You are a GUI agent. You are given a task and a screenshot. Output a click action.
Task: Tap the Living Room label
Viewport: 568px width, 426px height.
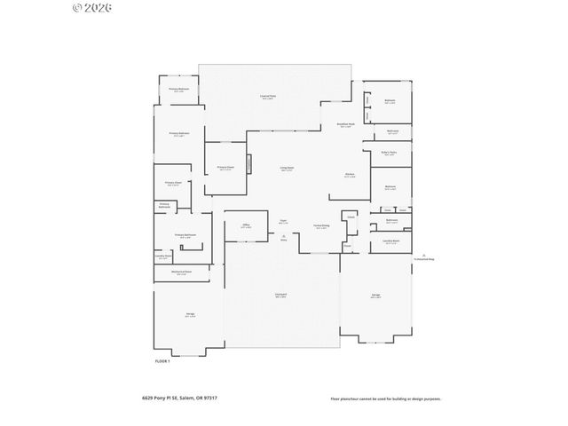click(288, 168)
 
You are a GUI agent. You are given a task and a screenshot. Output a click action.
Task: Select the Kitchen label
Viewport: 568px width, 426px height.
click(351, 175)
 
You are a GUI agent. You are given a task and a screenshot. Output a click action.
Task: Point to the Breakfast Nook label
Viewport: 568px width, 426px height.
click(345, 125)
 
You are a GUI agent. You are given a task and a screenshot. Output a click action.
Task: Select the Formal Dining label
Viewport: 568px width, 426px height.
click(321, 226)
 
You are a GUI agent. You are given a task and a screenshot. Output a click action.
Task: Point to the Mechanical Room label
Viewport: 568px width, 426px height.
click(181, 272)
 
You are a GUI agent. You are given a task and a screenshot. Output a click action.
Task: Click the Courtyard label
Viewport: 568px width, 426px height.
click(280, 296)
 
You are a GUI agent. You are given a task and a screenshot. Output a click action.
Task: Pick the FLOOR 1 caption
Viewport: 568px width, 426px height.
click(162, 361)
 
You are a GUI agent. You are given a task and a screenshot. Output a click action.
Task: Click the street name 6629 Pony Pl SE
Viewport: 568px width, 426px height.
click(158, 398)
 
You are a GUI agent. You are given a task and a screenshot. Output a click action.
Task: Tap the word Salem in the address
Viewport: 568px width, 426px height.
click(185, 398)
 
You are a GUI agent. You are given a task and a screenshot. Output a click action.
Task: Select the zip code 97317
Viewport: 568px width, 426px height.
click(209, 398)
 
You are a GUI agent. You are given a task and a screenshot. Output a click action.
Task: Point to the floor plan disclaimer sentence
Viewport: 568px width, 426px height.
click(386, 398)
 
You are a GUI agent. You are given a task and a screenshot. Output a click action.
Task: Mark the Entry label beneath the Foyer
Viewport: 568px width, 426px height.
click(283, 238)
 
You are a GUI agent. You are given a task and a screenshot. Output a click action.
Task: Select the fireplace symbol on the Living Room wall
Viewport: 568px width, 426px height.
click(249, 164)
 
